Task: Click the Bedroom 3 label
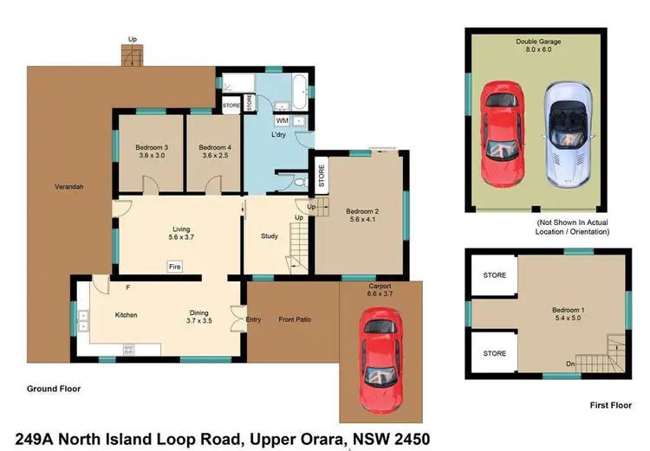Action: [151, 152]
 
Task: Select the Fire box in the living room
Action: [173, 266]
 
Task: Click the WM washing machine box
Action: [283, 120]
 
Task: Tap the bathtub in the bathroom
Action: [297, 87]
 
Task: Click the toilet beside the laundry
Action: [298, 183]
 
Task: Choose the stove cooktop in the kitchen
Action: [129, 350]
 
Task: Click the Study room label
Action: [270, 235]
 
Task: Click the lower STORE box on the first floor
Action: [494, 353]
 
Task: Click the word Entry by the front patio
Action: [253, 319]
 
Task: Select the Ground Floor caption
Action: [54, 389]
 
